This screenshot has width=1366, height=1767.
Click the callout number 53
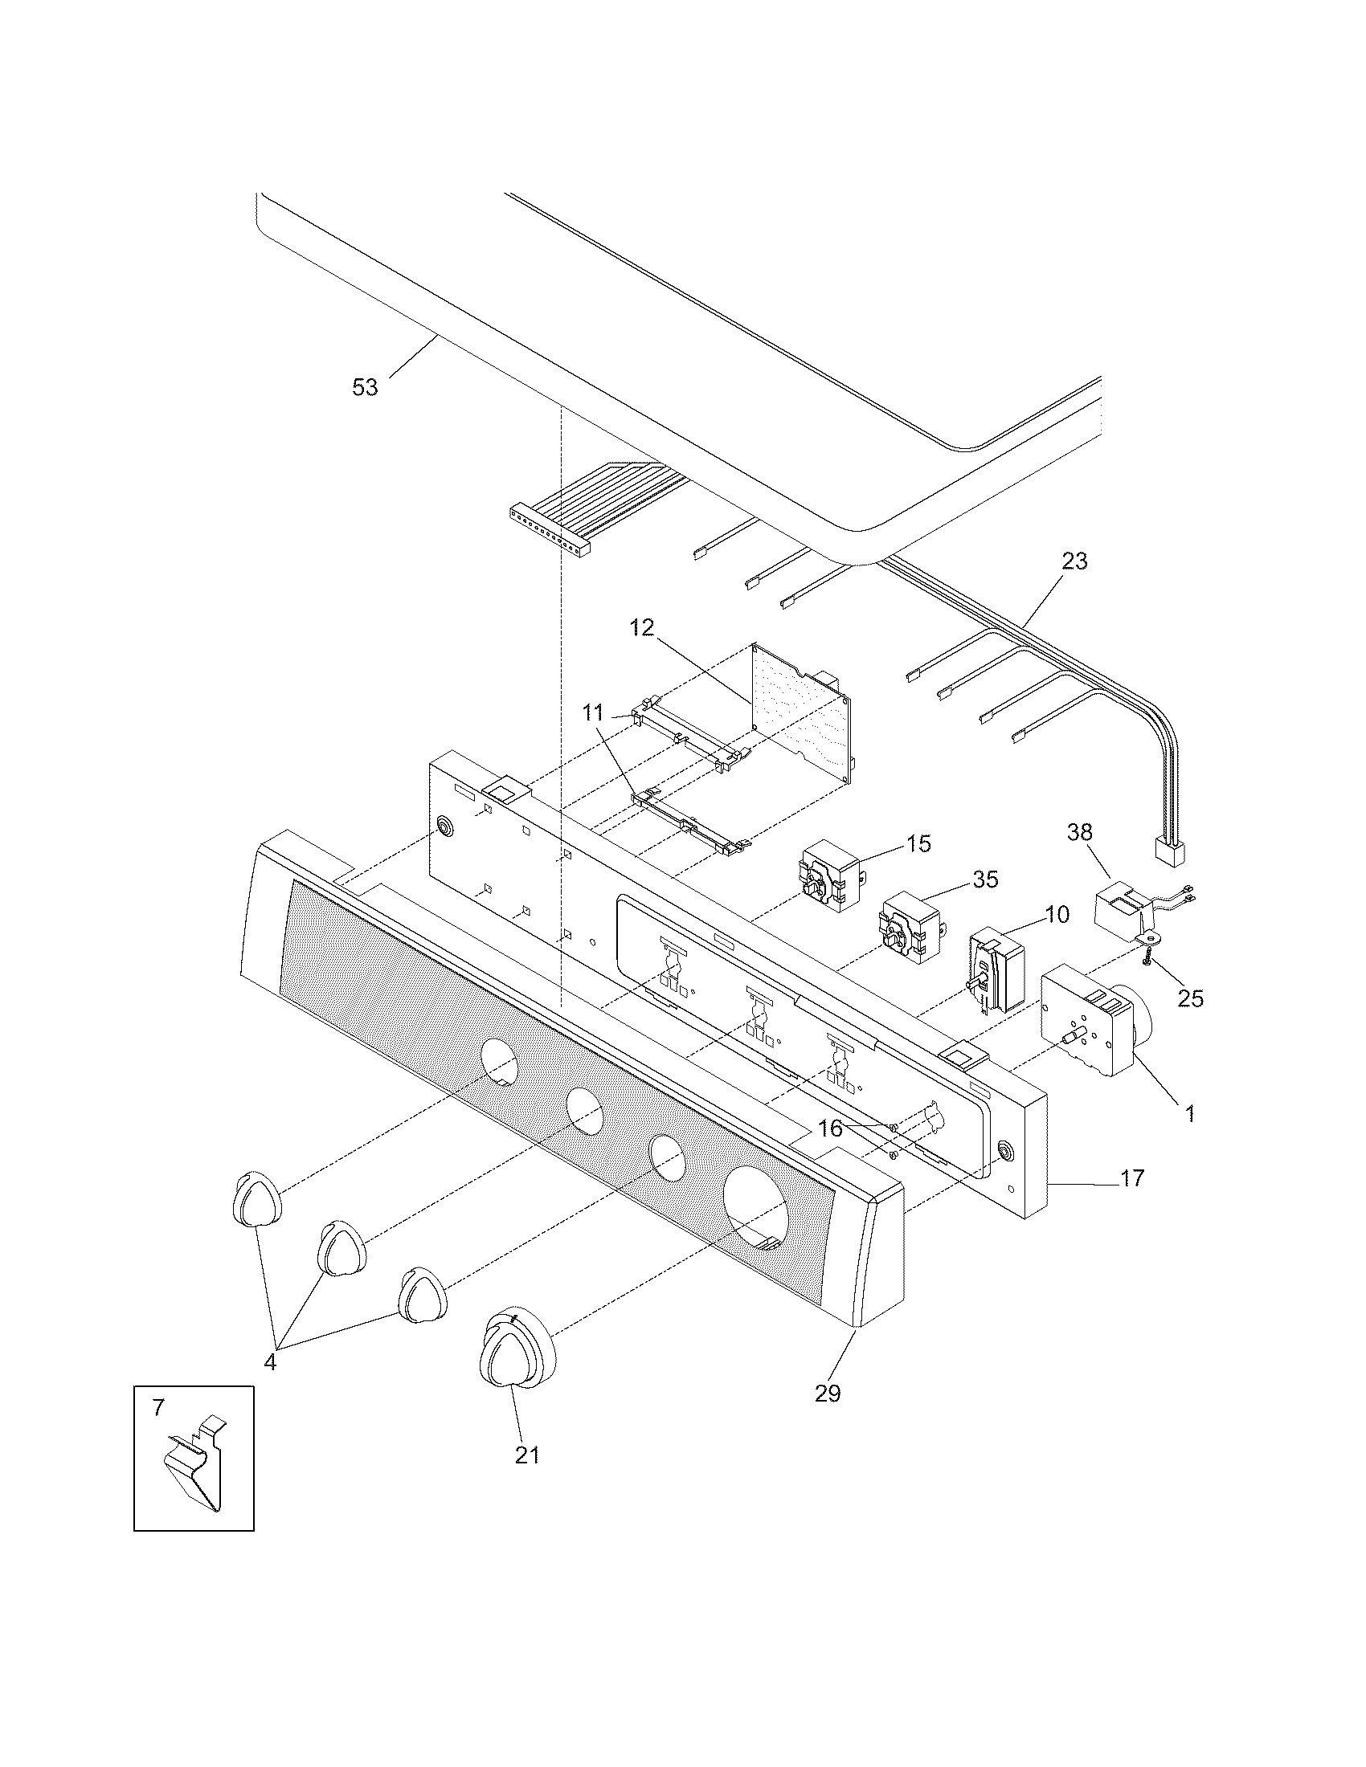coord(365,388)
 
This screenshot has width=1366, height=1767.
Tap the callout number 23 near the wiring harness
coord(1074,561)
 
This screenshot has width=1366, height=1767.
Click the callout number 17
coord(1132,1179)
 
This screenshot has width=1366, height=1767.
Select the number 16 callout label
coord(830,1128)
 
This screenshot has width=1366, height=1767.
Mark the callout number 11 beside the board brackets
coord(593,712)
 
